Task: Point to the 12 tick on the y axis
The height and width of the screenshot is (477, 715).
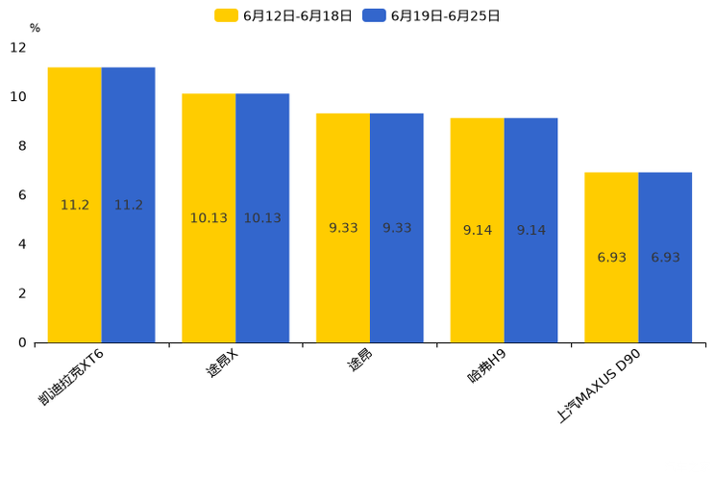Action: click(x=18, y=48)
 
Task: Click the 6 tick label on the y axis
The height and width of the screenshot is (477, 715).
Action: click(x=22, y=195)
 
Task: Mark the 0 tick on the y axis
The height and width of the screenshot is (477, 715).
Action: click(x=22, y=342)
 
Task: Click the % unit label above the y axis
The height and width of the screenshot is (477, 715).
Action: click(x=35, y=28)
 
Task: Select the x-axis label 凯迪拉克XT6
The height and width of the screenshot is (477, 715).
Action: click(x=73, y=377)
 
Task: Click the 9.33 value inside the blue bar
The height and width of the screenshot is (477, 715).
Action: click(x=397, y=228)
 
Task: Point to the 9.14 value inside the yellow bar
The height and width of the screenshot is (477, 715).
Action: click(x=478, y=231)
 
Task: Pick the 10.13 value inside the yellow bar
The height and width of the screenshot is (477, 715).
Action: click(x=209, y=218)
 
